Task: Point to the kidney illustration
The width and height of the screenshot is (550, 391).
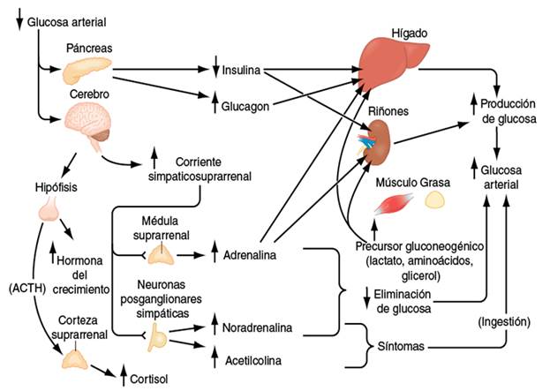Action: [380, 140]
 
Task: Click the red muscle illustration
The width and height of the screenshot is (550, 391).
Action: [390, 206]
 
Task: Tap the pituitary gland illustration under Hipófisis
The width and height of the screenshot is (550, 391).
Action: [50, 208]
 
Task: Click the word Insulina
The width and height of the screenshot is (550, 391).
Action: [242, 69]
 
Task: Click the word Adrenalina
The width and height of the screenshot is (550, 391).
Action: [250, 255]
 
